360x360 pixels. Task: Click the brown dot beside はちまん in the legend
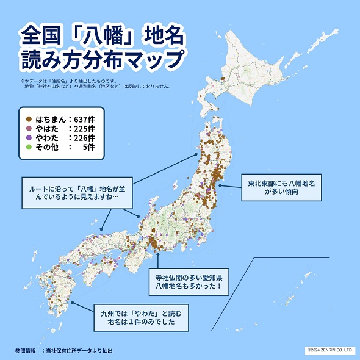[x=29, y=118]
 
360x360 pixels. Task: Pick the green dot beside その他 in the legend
[x=29, y=147]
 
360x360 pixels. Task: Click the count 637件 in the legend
[x=82, y=118]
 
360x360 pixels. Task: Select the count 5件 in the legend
[x=88, y=147]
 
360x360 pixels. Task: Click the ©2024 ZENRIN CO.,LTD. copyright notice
[x=329, y=350]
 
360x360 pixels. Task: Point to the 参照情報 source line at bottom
[x=63, y=351]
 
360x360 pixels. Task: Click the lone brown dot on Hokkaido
[x=223, y=78]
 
